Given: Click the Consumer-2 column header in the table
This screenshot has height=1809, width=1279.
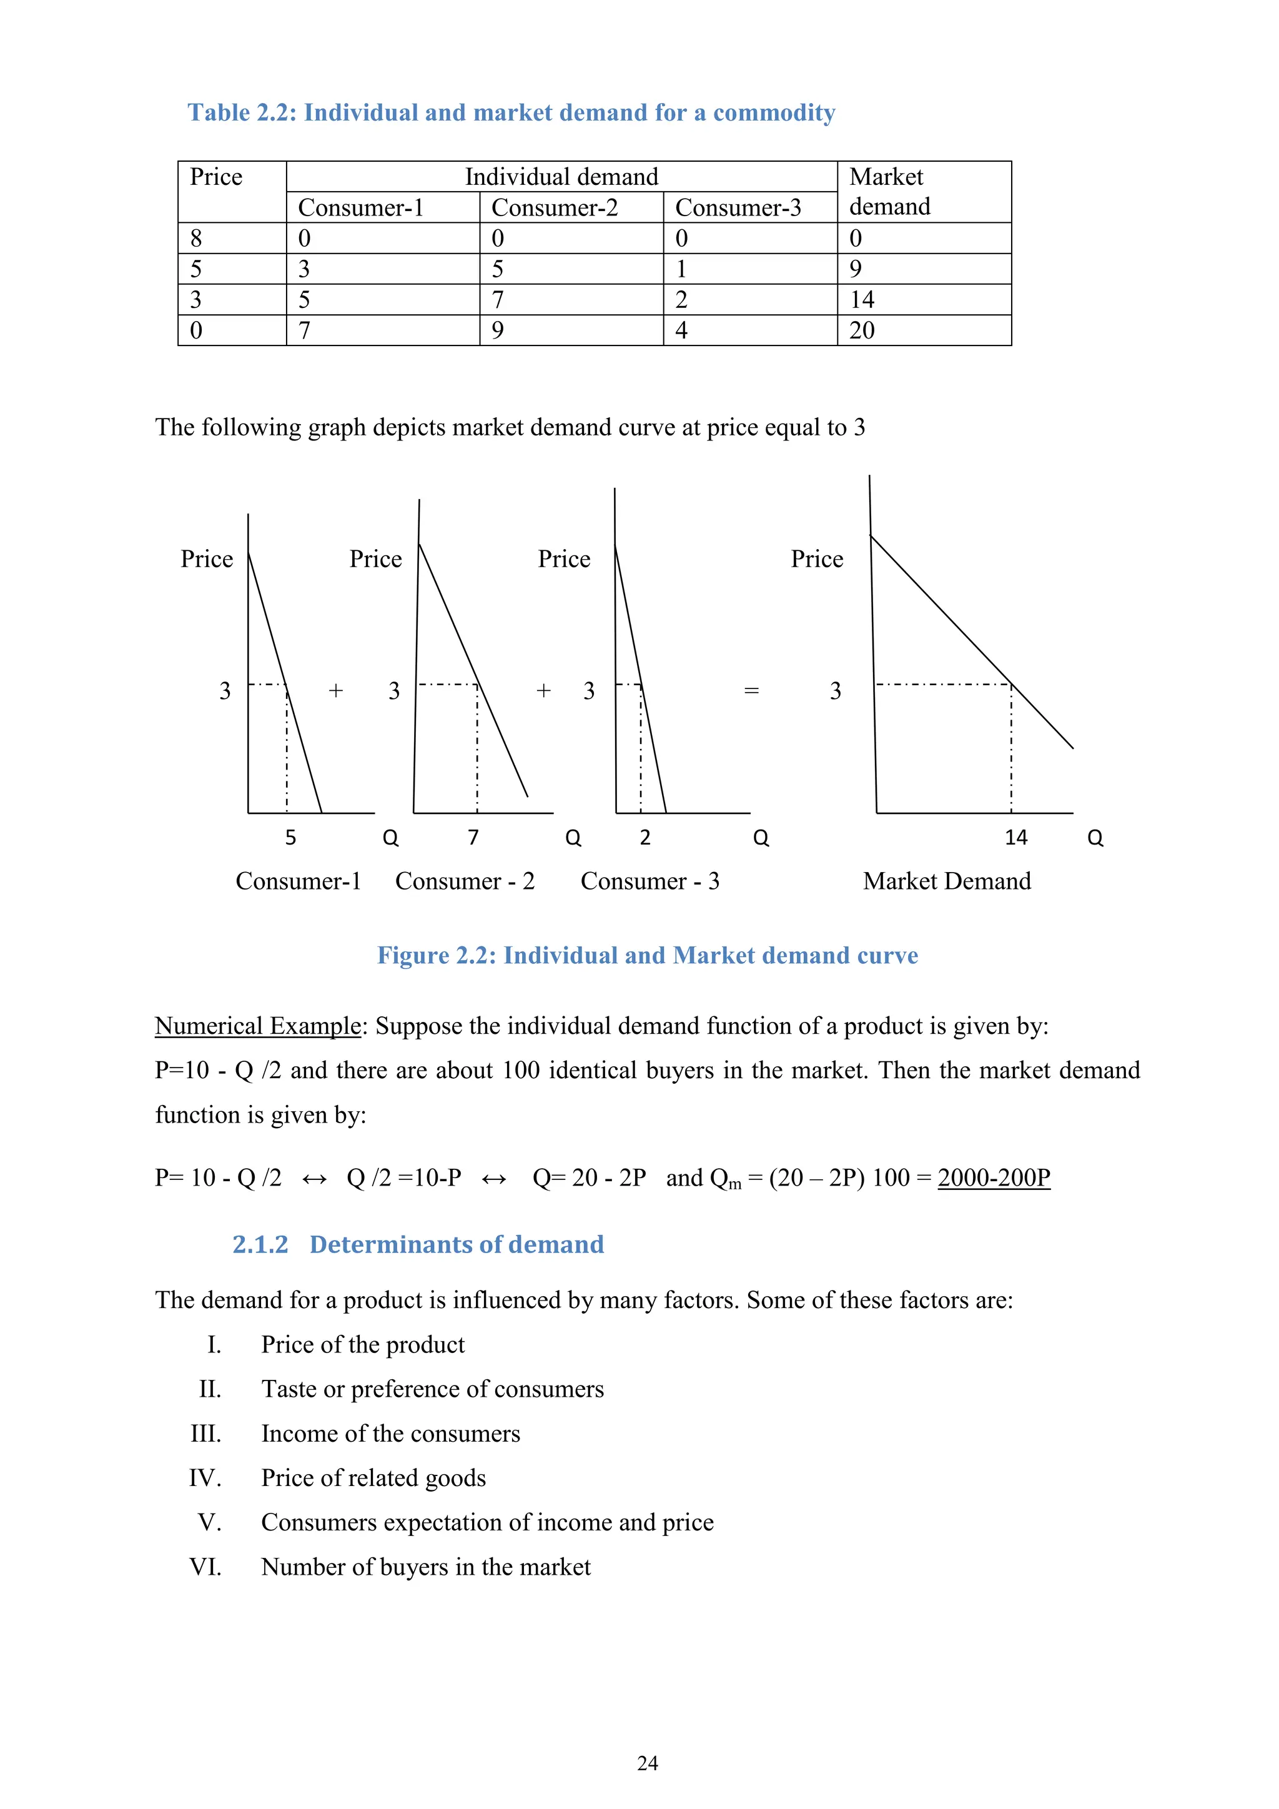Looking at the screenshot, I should pos(555,207).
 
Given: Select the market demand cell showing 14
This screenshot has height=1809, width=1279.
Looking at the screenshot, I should pos(862,299).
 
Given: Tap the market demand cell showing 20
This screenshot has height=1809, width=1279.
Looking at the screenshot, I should pos(862,330).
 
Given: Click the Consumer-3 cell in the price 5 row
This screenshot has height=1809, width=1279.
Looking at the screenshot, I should pos(682,269).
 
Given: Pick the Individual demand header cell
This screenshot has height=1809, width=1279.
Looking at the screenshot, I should pos(561,177).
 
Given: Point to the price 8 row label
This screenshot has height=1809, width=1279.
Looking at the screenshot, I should pos(196,238).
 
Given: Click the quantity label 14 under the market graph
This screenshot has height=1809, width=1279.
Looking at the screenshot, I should pos(1016,837).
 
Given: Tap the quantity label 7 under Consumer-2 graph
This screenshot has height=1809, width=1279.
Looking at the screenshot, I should pos(473,837).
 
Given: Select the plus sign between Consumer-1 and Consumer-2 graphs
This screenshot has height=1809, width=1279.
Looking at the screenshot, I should pos(336,691).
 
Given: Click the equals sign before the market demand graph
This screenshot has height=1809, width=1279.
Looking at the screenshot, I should pos(751,691).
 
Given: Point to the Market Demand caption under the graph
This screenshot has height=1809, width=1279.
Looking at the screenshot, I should pos(947,881).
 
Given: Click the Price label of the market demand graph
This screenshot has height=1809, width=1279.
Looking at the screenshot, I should pos(817,558).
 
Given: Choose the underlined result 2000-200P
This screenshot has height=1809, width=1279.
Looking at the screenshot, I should pos(994,1177).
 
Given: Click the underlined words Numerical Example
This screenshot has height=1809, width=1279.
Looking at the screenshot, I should pos(257,1026).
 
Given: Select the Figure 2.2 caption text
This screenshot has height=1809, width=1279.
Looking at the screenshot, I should pos(648,955).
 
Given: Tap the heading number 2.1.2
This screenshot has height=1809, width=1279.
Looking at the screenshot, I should pos(260,1244).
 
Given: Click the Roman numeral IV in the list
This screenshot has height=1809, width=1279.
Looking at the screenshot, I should pos(205,1477).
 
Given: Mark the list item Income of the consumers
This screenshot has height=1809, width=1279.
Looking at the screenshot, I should pos(390,1433).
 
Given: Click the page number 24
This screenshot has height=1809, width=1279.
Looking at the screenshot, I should pos(648,1763).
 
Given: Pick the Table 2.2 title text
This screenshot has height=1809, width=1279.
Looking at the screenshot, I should pos(511,112).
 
